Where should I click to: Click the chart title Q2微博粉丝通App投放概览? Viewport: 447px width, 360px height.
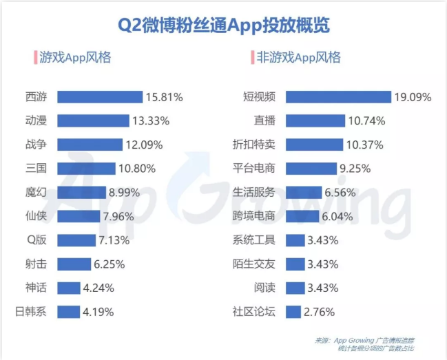(224, 25)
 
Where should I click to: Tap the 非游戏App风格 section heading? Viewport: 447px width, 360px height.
(298, 57)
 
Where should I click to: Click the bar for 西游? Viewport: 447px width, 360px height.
(100, 97)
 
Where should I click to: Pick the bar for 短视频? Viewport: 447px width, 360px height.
(338, 97)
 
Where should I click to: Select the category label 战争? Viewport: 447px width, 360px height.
(36, 145)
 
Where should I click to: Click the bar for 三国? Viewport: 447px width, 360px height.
(86, 169)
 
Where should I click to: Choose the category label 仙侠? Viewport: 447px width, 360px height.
(36, 216)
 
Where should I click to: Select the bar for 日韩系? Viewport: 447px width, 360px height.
(68, 312)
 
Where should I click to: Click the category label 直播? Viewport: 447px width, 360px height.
(264, 121)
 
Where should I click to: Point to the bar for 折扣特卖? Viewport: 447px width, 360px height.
(314, 145)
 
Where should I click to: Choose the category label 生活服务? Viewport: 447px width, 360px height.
(254, 192)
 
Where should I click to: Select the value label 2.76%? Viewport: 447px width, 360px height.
(320, 312)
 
